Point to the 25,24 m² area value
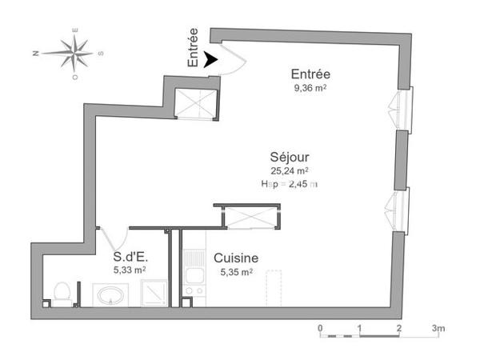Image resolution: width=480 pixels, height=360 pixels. (x=290, y=170)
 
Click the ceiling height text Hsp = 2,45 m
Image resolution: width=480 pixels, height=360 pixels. (x=290, y=184)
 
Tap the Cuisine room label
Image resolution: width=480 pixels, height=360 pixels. (x=235, y=258)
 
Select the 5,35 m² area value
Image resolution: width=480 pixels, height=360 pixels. (x=235, y=272)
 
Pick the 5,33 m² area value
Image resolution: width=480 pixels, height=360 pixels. (x=129, y=271)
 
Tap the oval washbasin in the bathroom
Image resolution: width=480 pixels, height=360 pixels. (x=110, y=295)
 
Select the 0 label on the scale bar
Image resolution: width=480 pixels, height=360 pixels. (x=320, y=328)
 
